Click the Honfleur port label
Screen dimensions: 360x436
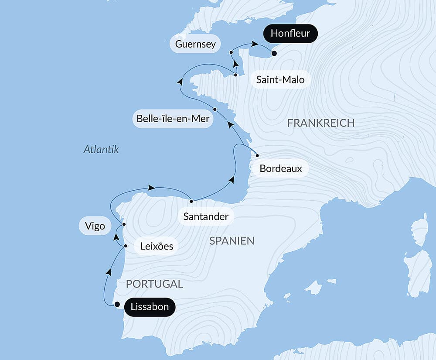pos(290,34)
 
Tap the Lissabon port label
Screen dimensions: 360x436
pos(150,307)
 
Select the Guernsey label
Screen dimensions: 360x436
pos(195,44)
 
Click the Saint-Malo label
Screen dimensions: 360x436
pos(280,80)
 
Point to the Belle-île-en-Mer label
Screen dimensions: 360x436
pos(173,118)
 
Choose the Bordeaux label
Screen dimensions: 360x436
pos(281,168)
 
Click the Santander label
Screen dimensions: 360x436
pos(206,216)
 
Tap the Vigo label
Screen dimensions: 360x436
pos(95,226)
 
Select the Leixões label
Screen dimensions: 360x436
pos(157,247)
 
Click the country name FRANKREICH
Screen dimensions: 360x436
pos(321,123)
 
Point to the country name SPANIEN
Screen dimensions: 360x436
pos(232,240)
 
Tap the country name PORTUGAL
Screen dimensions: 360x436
pos(154,284)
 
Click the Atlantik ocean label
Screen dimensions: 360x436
pos(101,150)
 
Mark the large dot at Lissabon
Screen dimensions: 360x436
pos(117,305)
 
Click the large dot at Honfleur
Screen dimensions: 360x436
pos(274,54)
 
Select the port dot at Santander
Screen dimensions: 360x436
pos(191,201)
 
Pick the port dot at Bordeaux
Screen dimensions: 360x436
pos(258,155)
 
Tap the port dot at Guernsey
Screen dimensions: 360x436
pos(232,52)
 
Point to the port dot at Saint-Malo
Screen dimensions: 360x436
pos(235,75)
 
